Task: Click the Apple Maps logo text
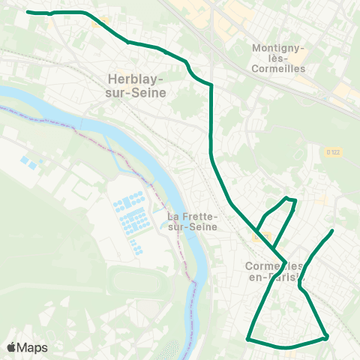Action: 27,347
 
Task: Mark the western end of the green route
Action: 28,12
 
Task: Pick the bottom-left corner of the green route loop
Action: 247,339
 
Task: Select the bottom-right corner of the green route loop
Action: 326,337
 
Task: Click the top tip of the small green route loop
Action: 289,198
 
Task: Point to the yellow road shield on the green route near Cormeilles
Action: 259,236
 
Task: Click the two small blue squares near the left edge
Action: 28,162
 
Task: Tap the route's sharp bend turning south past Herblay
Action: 211,86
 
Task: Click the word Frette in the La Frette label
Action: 199,216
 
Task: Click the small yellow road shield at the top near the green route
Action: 96,22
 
